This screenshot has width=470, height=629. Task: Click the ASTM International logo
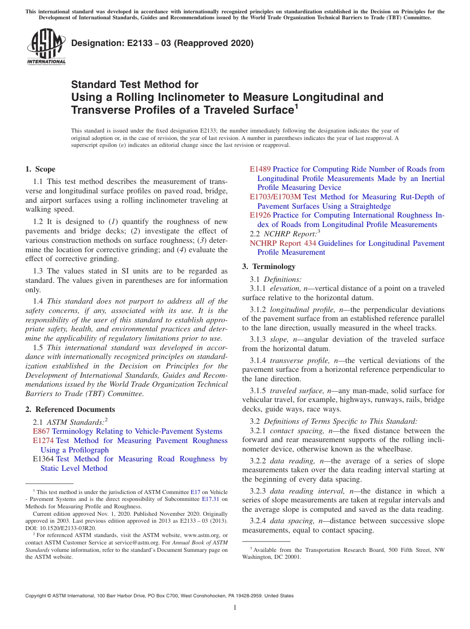click(46, 47)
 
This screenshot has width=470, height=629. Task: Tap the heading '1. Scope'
click(41, 169)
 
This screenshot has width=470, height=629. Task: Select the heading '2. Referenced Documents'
click(70, 409)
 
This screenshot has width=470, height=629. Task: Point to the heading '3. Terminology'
click(269, 267)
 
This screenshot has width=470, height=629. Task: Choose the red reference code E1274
click(43, 441)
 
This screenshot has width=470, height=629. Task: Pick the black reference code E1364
click(43, 459)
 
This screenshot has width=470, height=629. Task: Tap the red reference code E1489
click(260, 169)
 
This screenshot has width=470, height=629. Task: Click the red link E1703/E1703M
click(275, 197)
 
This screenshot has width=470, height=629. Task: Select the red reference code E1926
click(260, 215)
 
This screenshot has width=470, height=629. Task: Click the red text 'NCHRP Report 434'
click(282, 243)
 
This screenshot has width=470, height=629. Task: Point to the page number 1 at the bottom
click(235, 608)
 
